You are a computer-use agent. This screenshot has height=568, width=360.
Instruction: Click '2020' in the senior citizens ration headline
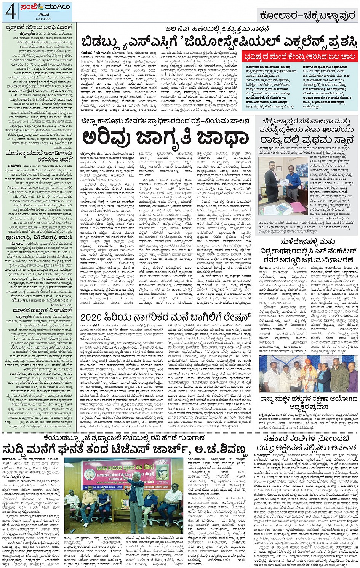point(91,317)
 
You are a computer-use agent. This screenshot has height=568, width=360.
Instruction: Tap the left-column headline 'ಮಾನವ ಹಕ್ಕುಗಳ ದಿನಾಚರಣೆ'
point(37,310)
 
